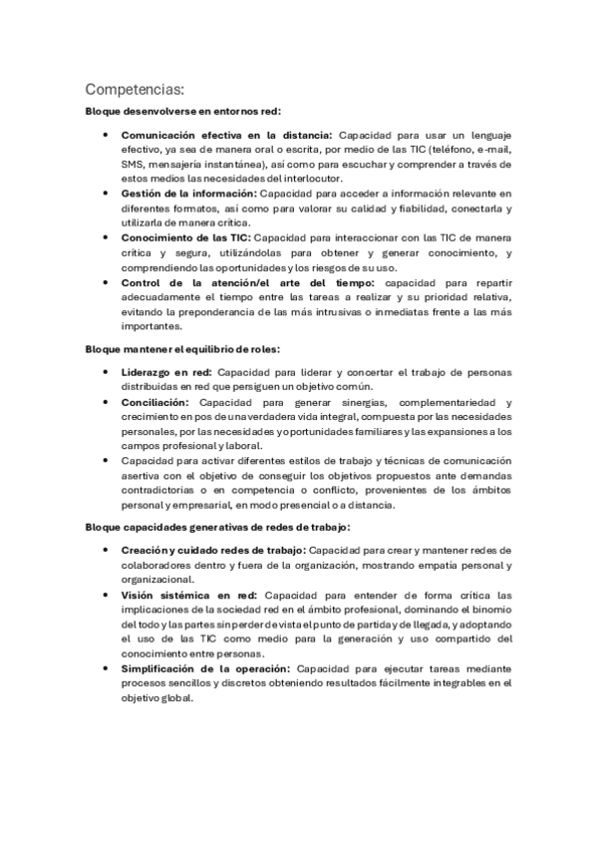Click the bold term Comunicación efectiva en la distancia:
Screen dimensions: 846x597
pos(227,135)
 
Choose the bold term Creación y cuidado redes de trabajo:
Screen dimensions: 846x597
pos(213,550)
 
